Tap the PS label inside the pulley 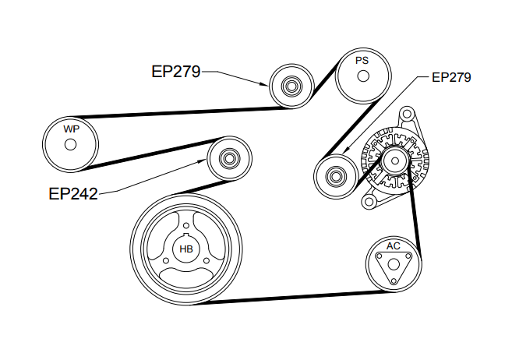click(x=362, y=60)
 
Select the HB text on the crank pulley click(x=186, y=249)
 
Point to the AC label click(x=394, y=245)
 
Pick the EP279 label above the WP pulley click(x=176, y=72)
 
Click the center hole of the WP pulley click(x=69, y=145)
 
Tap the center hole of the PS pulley click(x=362, y=76)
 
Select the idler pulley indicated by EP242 click(x=230, y=160)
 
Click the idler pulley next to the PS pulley click(x=291, y=85)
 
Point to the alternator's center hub click(x=393, y=163)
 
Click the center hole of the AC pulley click(x=394, y=265)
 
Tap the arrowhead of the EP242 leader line click(x=207, y=163)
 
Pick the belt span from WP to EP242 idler click(x=148, y=154)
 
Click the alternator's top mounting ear click(x=407, y=115)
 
